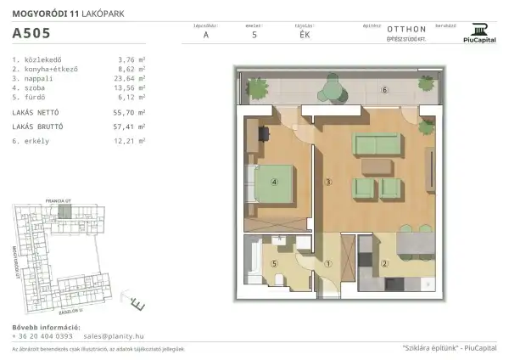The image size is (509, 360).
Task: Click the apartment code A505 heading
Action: (x=31, y=35)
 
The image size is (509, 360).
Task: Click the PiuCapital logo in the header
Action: (x=480, y=33)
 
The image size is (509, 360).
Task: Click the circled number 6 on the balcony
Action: (x=384, y=90)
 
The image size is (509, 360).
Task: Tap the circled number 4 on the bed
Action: (x=275, y=182)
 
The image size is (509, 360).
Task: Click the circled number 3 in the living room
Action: (x=327, y=182)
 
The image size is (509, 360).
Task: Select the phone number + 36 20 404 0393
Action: (x=43, y=336)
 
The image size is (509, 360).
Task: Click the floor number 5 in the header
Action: (x=254, y=35)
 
